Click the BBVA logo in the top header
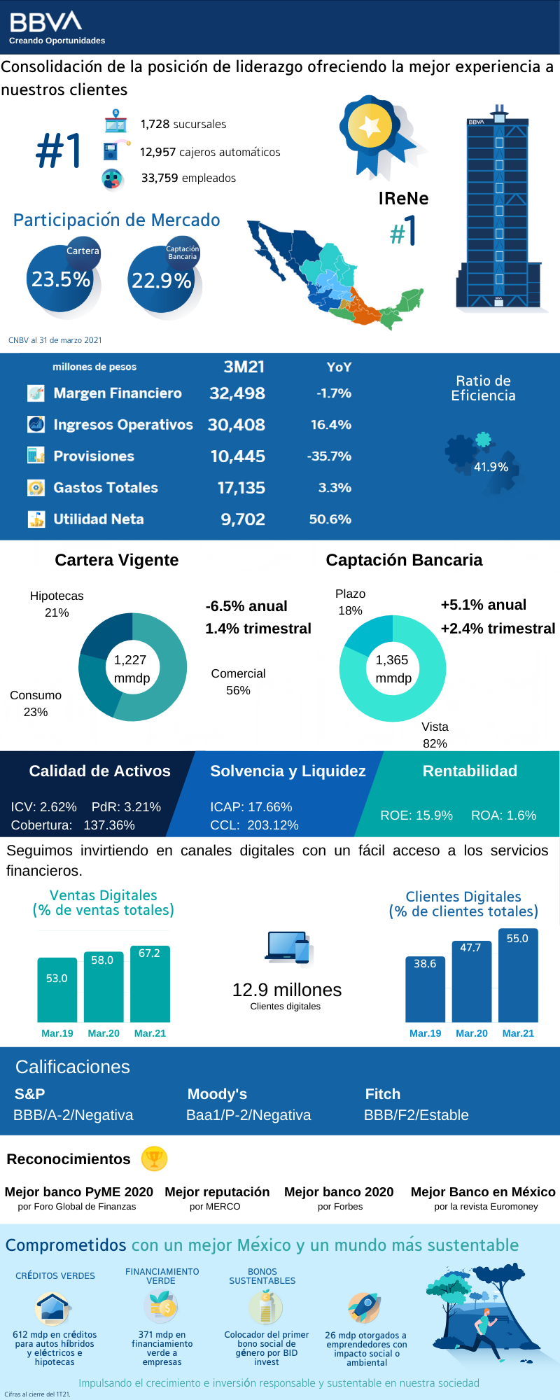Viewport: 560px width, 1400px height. (x=45, y=22)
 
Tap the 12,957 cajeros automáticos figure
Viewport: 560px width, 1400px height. (x=209, y=152)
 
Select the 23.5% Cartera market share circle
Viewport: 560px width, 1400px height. (x=62, y=280)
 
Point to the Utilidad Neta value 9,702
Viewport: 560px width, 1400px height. (x=243, y=519)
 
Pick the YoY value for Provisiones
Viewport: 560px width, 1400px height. (x=329, y=456)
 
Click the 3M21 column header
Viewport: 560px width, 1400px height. (x=244, y=367)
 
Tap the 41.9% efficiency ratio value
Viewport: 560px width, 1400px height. (x=491, y=467)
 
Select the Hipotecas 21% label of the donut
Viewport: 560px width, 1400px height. (x=57, y=604)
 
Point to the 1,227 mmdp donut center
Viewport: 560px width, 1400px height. (x=132, y=668)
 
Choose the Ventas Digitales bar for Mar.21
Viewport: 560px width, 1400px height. (x=150, y=983)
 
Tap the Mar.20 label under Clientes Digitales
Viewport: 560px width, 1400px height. (x=472, y=1033)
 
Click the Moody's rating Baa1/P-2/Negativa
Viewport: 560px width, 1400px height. (x=248, y=1115)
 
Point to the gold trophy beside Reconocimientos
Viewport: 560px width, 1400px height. (x=154, y=1159)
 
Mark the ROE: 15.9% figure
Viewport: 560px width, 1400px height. (x=416, y=815)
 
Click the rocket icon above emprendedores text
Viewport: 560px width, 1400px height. (x=364, y=1308)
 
